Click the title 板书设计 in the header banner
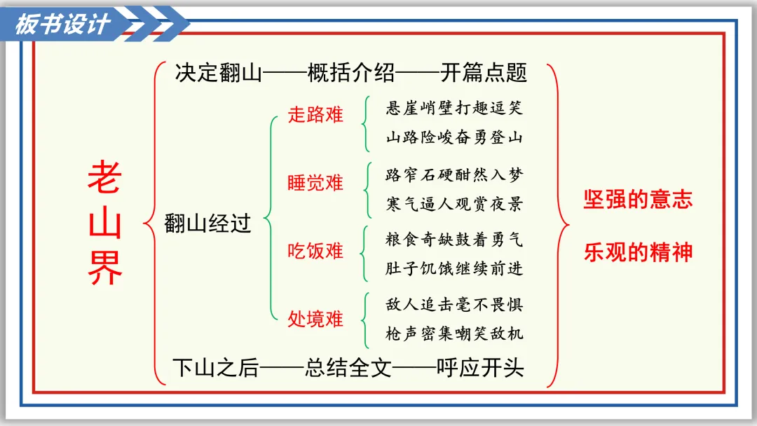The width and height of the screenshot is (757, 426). pyautogui.click(x=63, y=25)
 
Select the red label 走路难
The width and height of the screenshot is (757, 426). pyautogui.click(x=315, y=115)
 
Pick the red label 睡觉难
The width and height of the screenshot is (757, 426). pyautogui.click(x=315, y=183)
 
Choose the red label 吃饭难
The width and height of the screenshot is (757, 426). pyautogui.click(x=315, y=251)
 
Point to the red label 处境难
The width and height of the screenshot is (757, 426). pyautogui.click(x=315, y=319)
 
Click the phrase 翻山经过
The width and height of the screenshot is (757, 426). pyautogui.click(x=207, y=224)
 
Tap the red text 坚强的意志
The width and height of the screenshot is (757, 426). pyautogui.click(x=638, y=200)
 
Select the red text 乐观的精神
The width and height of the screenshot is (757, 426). pyautogui.click(x=638, y=252)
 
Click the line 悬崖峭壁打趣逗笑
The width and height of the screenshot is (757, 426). pyautogui.click(x=454, y=109)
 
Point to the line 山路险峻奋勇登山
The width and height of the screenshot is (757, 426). pyautogui.click(x=454, y=137)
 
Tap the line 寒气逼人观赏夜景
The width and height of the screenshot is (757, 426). pyautogui.click(x=454, y=205)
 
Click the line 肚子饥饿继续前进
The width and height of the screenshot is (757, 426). pyautogui.click(x=454, y=269)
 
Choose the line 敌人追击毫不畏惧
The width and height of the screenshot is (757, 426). pyautogui.click(x=454, y=305)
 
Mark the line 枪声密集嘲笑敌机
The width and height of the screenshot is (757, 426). pyautogui.click(x=454, y=334)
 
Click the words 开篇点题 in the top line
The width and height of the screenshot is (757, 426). pyautogui.click(x=484, y=73)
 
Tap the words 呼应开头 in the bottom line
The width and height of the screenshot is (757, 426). pyautogui.click(x=480, y=369)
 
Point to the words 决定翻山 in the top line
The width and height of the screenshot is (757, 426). pyautogui.click(x=218, y=73)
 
